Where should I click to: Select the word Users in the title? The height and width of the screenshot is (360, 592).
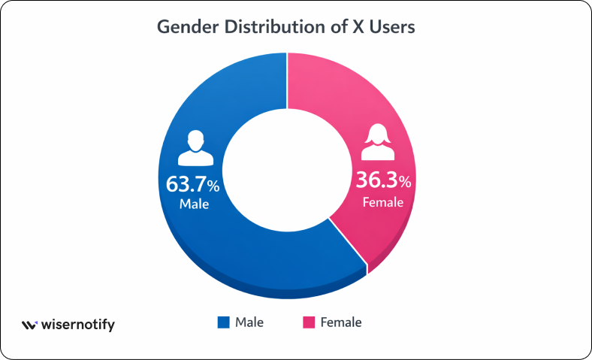click(x=393, y=27)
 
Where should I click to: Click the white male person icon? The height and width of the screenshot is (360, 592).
click(x=195, y=147)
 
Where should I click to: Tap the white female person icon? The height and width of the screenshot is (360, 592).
click(x=377, y=143)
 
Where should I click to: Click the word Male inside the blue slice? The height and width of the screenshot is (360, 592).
click(x=194, y=204)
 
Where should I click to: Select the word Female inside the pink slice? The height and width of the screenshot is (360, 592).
click(x=383, y=201)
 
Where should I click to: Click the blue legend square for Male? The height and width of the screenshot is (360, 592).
click(x=223, y=322)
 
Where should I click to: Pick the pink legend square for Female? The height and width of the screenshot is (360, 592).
click(x=308, y=322)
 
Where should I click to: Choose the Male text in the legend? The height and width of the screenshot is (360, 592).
click(x=249, y=322)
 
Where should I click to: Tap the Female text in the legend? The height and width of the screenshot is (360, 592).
click(x=341, y=322)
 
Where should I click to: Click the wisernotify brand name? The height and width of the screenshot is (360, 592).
click(x=78, y=325)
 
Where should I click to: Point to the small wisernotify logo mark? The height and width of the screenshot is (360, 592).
click(x=29, y=325)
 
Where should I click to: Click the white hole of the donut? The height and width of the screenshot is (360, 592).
click(x=285, y=174)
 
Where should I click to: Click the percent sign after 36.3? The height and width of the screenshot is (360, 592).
click(x=406, y=183)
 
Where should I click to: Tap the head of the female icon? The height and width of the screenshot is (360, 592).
click(x=377, y=135)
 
